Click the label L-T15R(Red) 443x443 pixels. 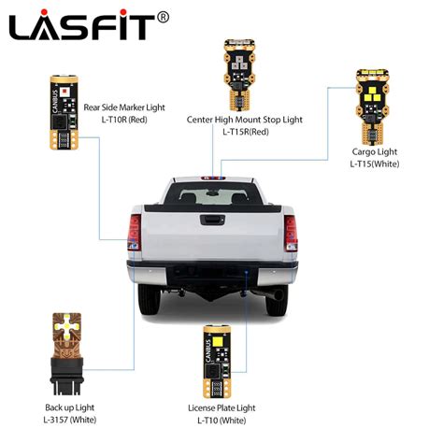246,133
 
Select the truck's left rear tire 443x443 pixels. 150,299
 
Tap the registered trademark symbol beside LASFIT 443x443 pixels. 163,16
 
